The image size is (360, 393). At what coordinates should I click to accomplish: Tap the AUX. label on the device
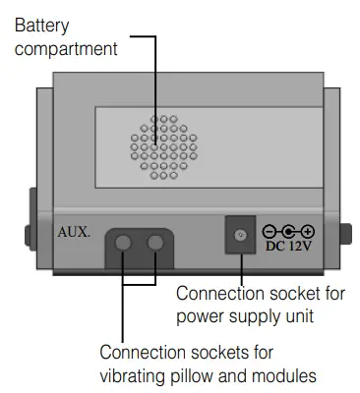(74, 233)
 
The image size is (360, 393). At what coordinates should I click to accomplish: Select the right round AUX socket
(154, 244)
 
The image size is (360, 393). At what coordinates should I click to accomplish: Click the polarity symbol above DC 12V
(288, 232)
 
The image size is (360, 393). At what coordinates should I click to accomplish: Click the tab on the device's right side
(345, 235)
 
